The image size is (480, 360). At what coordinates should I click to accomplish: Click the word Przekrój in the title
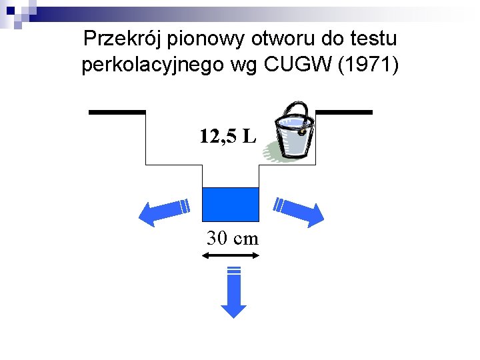[123, 39]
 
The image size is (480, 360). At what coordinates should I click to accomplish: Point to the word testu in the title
[376, 39]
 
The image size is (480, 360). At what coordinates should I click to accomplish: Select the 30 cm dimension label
[233, 237]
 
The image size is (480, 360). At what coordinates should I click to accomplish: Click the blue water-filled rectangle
[230, 204]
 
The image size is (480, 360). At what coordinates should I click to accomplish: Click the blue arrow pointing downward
[233, 293]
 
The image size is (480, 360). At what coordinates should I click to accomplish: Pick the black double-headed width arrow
[233, 256]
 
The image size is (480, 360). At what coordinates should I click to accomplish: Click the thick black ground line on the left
[117, 112]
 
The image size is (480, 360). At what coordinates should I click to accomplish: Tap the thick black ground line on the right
[343, 112]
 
